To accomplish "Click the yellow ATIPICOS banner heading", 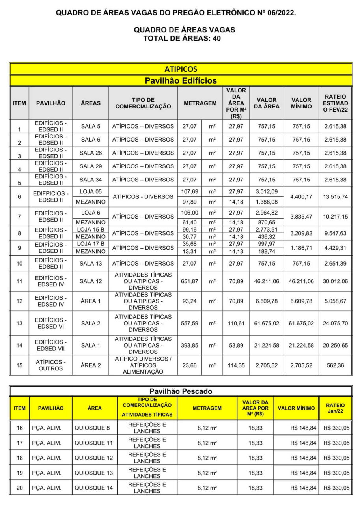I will pyautogui.click(x=181, y=69).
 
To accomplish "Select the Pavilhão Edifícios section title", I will pyautogui.click(x=181, y=81).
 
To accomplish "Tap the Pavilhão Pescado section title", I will pyautogui.click(x=181, y=391).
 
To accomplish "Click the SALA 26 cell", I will pyautogui.click(x=90, y=153).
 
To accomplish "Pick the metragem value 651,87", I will pyautogui.click(x=189, y=281).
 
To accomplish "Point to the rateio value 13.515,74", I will pyautogui.click(x=335, y=197).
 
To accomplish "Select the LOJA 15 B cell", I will pyautogui.click(x=90, y=230).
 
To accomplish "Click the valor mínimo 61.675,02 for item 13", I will pyautogui.click(x=301, y=324).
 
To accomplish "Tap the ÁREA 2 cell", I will pyautogui.click(x=90, y=365).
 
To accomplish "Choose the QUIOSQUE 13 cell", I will pyautogui.click(x=93, y=473).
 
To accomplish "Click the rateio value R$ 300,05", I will pyautogui.click(x=336, y=473).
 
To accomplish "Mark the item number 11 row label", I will pyautogui.click(x=19, y=281).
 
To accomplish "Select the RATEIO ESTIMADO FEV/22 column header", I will pyautogui.click(x=335, y=103).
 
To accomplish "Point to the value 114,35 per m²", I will pyautogui.click(x=236, y=365).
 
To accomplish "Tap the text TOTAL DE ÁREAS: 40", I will pyautogui.click(x=185, y=38).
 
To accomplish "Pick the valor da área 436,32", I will pyautogui.click(x=267, y=237).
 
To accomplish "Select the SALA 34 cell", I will pyautogui.click(x=90, y=180).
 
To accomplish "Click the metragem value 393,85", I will pyautogui.click(x=189, y=346).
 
